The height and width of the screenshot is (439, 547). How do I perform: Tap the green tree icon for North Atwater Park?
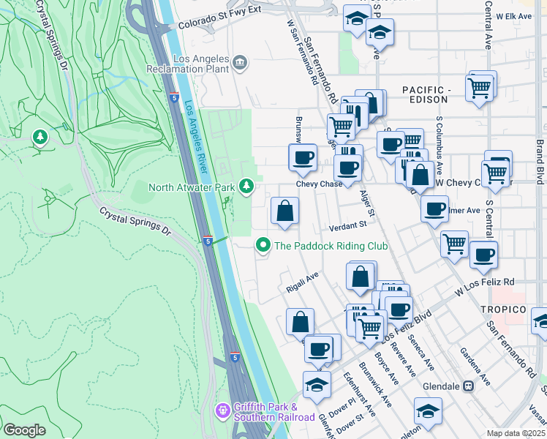[247, 187]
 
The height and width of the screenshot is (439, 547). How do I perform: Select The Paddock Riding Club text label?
[331, 246]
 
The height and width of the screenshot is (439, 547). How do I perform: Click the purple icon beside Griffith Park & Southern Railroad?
[224, 411]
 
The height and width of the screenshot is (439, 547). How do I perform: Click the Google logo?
[24, 430]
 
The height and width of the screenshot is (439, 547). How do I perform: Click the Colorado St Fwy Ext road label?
[220, 24]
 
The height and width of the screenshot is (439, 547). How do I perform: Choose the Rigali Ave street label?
[302, 282]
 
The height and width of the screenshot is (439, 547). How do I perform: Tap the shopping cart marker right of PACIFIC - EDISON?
[479, 89]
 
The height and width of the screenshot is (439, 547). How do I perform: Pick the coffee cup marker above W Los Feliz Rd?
[483, 255]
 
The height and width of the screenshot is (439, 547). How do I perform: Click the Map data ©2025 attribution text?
[516, 433]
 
